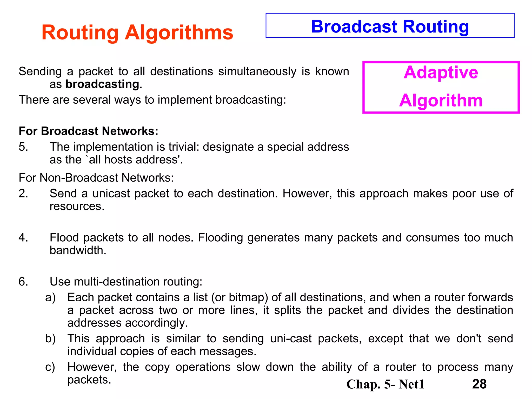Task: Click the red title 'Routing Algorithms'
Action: pos(137,32)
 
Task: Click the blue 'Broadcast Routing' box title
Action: pos(390,26)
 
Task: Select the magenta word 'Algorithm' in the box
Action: pos(441,101)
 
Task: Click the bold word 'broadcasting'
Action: pos(102,84)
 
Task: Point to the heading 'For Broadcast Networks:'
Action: pos(88,131)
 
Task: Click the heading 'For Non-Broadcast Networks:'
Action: pos(96,178)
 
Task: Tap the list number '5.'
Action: pos(23,147)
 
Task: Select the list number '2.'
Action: pos(23,194)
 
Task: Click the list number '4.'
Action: pos(23,237)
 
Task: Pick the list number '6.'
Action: pos(23,282)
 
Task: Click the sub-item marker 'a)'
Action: pos(50,297)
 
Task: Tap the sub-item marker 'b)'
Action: pos(50,338)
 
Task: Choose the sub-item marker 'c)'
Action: pos(50,367)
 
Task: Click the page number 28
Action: pos(479,384)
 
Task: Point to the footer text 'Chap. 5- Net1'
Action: pos(385,384)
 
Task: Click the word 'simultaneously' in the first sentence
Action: pos(257,71)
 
